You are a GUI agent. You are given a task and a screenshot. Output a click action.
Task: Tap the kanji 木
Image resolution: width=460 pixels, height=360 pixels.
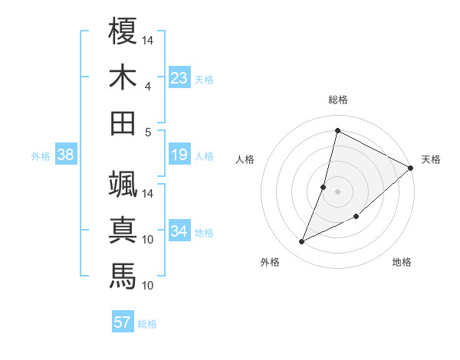point(123,77)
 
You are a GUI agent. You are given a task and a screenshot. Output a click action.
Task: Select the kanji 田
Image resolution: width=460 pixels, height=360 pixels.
point(123,123)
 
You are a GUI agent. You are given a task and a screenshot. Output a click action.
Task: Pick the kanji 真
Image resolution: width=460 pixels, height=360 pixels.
point(123,231)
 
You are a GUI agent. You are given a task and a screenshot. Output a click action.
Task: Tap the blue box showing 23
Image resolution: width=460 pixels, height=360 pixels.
point(179,77)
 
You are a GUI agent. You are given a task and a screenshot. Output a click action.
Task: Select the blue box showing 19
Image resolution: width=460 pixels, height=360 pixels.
point(179,155)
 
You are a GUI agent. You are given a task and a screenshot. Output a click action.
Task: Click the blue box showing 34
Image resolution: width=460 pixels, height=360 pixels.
point(179,231)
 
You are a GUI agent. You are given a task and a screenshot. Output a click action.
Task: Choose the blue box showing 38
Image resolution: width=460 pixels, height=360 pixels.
point(65,155)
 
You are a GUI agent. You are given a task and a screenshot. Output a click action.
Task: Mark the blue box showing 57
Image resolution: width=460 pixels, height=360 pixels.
point(122,322)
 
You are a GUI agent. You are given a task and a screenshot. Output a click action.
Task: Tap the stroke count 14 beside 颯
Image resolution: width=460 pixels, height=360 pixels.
point(147,193)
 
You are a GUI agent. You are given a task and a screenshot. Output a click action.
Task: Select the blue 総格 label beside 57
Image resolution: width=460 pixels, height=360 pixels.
point(147,324)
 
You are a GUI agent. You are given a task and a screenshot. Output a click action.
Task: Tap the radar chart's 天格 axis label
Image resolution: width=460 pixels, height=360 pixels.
point(431,159)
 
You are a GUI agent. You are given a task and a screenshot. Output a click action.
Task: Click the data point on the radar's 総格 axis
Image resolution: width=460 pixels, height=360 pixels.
point(337,131)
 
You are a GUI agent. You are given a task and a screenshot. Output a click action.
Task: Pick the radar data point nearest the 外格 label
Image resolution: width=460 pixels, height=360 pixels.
point(302,242)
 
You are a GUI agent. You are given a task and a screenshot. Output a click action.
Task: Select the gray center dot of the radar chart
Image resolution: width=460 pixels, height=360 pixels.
point(337,191)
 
